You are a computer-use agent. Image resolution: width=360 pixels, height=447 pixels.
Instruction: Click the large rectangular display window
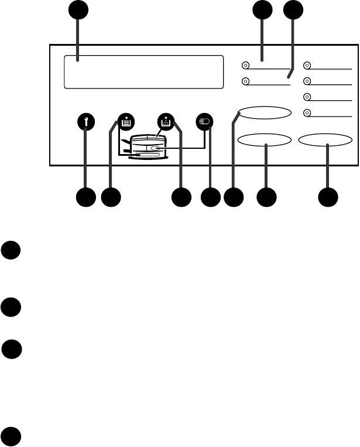point(143,72)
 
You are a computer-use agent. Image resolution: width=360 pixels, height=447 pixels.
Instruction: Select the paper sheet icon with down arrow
point(125,122)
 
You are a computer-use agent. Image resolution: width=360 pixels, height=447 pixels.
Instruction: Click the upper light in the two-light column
point(245,66)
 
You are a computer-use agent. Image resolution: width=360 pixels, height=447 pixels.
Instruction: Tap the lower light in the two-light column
point(245,82)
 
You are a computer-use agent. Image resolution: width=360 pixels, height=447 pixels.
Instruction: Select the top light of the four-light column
point(307,66)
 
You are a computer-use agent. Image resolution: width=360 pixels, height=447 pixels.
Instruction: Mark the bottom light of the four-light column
point(307,113)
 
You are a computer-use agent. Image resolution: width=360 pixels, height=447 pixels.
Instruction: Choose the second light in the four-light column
point(307,81)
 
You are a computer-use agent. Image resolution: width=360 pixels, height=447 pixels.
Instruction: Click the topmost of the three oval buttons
point(265,113)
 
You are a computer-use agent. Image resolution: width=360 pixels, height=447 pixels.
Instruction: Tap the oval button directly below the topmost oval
point(265,141)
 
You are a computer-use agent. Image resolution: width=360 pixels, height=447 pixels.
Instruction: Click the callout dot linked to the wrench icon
point(86,197)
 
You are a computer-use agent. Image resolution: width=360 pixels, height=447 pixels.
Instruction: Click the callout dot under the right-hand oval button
point(327,197)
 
